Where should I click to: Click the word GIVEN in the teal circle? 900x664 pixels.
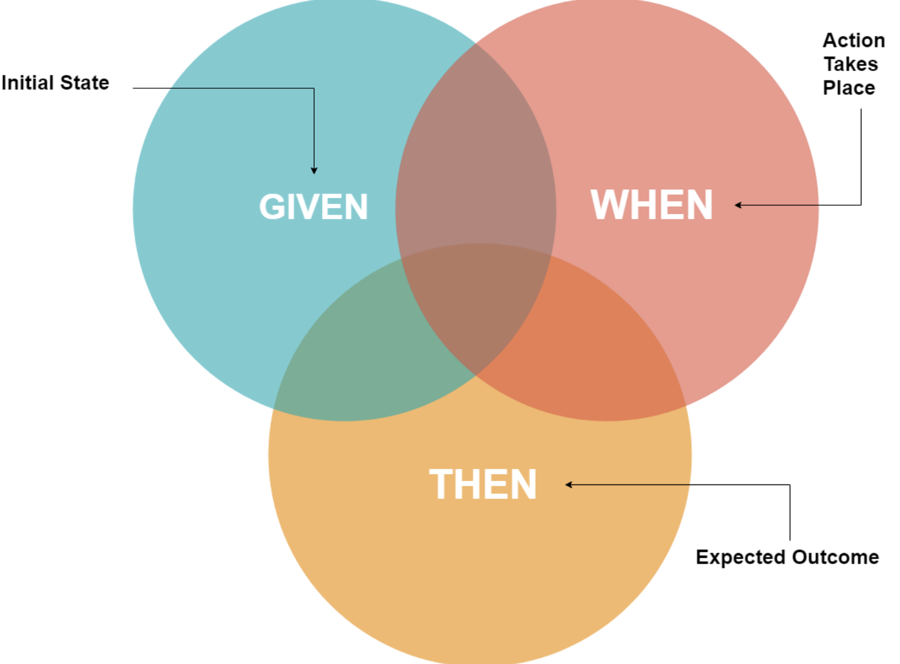[313, 206]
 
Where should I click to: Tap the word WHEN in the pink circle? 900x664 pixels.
[651, 205]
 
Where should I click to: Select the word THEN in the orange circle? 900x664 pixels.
[482, 485]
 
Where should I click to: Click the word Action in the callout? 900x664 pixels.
[853, 40]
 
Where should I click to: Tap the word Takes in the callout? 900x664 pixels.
[850, 64]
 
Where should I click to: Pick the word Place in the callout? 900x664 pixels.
[849, 88]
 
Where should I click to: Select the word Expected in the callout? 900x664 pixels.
[740, 557]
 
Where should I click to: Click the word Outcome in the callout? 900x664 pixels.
[835, 557]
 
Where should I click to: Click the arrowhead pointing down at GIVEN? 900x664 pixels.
[314, 170]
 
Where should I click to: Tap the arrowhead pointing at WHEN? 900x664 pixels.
[738, 205]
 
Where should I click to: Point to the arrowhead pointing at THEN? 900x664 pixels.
[569, 485]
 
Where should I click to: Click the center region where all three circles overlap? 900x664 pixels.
[476, 306]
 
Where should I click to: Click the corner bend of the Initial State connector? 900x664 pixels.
[314, 88]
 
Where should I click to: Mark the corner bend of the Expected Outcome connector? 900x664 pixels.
[790, 485]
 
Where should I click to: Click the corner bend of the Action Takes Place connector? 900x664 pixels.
[861, 205]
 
